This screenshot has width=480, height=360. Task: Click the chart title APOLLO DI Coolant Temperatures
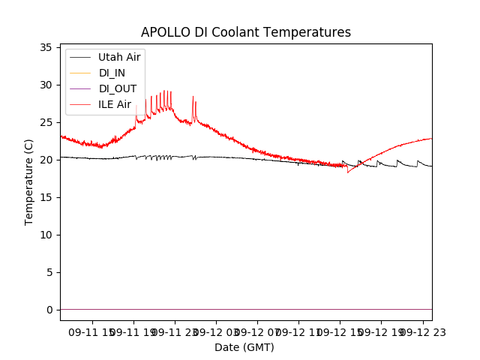246,32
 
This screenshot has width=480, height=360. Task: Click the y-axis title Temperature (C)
29,181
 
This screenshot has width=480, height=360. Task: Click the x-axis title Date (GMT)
244,347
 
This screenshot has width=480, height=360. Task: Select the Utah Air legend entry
118,57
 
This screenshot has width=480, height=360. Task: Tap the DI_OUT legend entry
118,88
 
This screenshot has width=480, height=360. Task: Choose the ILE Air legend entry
115,104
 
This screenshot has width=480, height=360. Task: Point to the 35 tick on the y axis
46,47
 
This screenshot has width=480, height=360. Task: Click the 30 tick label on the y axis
46,85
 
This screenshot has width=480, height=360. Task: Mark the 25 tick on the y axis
46,122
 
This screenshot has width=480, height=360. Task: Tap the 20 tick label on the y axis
46,160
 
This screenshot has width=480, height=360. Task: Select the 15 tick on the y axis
46,197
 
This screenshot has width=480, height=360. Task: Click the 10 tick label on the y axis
46,235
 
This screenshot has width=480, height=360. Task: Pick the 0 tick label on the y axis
49,310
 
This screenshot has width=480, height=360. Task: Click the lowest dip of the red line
347,172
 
